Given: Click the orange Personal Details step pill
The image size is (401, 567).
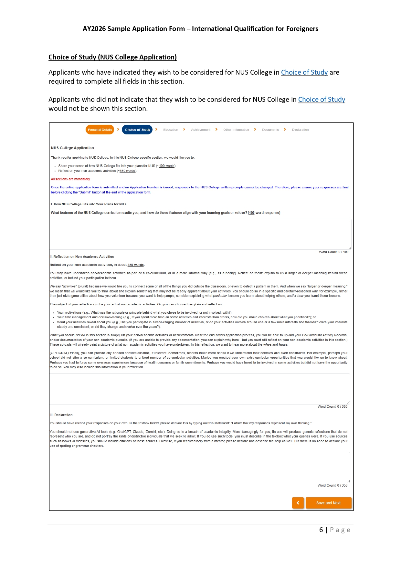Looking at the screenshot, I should (100, 130).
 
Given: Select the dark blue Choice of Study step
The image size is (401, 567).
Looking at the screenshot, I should (137, 130).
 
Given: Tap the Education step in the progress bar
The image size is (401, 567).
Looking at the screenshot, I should (171, 130).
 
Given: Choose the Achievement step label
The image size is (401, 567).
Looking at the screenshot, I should (200, 130).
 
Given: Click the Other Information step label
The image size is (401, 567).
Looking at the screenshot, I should (236, 130).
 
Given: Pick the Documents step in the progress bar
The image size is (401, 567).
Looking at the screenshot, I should (270, 130).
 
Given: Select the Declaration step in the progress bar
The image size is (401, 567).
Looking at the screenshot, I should (300, 130).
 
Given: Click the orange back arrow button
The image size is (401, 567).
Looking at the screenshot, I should (298, 503).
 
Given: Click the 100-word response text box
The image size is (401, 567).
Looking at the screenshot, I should (200, 234).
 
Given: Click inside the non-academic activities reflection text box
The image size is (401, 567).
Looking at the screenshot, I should (199, 389).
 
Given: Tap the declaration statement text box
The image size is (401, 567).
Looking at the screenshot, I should (199, 467).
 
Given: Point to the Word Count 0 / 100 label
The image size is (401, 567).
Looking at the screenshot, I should (333, 252).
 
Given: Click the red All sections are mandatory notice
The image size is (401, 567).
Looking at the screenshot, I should (70, 179).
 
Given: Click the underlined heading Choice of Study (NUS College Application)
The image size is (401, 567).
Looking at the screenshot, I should (112, 57).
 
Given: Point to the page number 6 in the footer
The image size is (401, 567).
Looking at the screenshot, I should (321, 530).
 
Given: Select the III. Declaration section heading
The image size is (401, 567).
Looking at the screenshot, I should (61, 415).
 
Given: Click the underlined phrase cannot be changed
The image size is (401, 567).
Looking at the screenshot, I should (259, 187).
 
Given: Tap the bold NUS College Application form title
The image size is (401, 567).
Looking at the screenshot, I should (72, 148).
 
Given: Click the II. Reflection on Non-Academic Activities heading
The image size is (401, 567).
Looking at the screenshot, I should (82, 257).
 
